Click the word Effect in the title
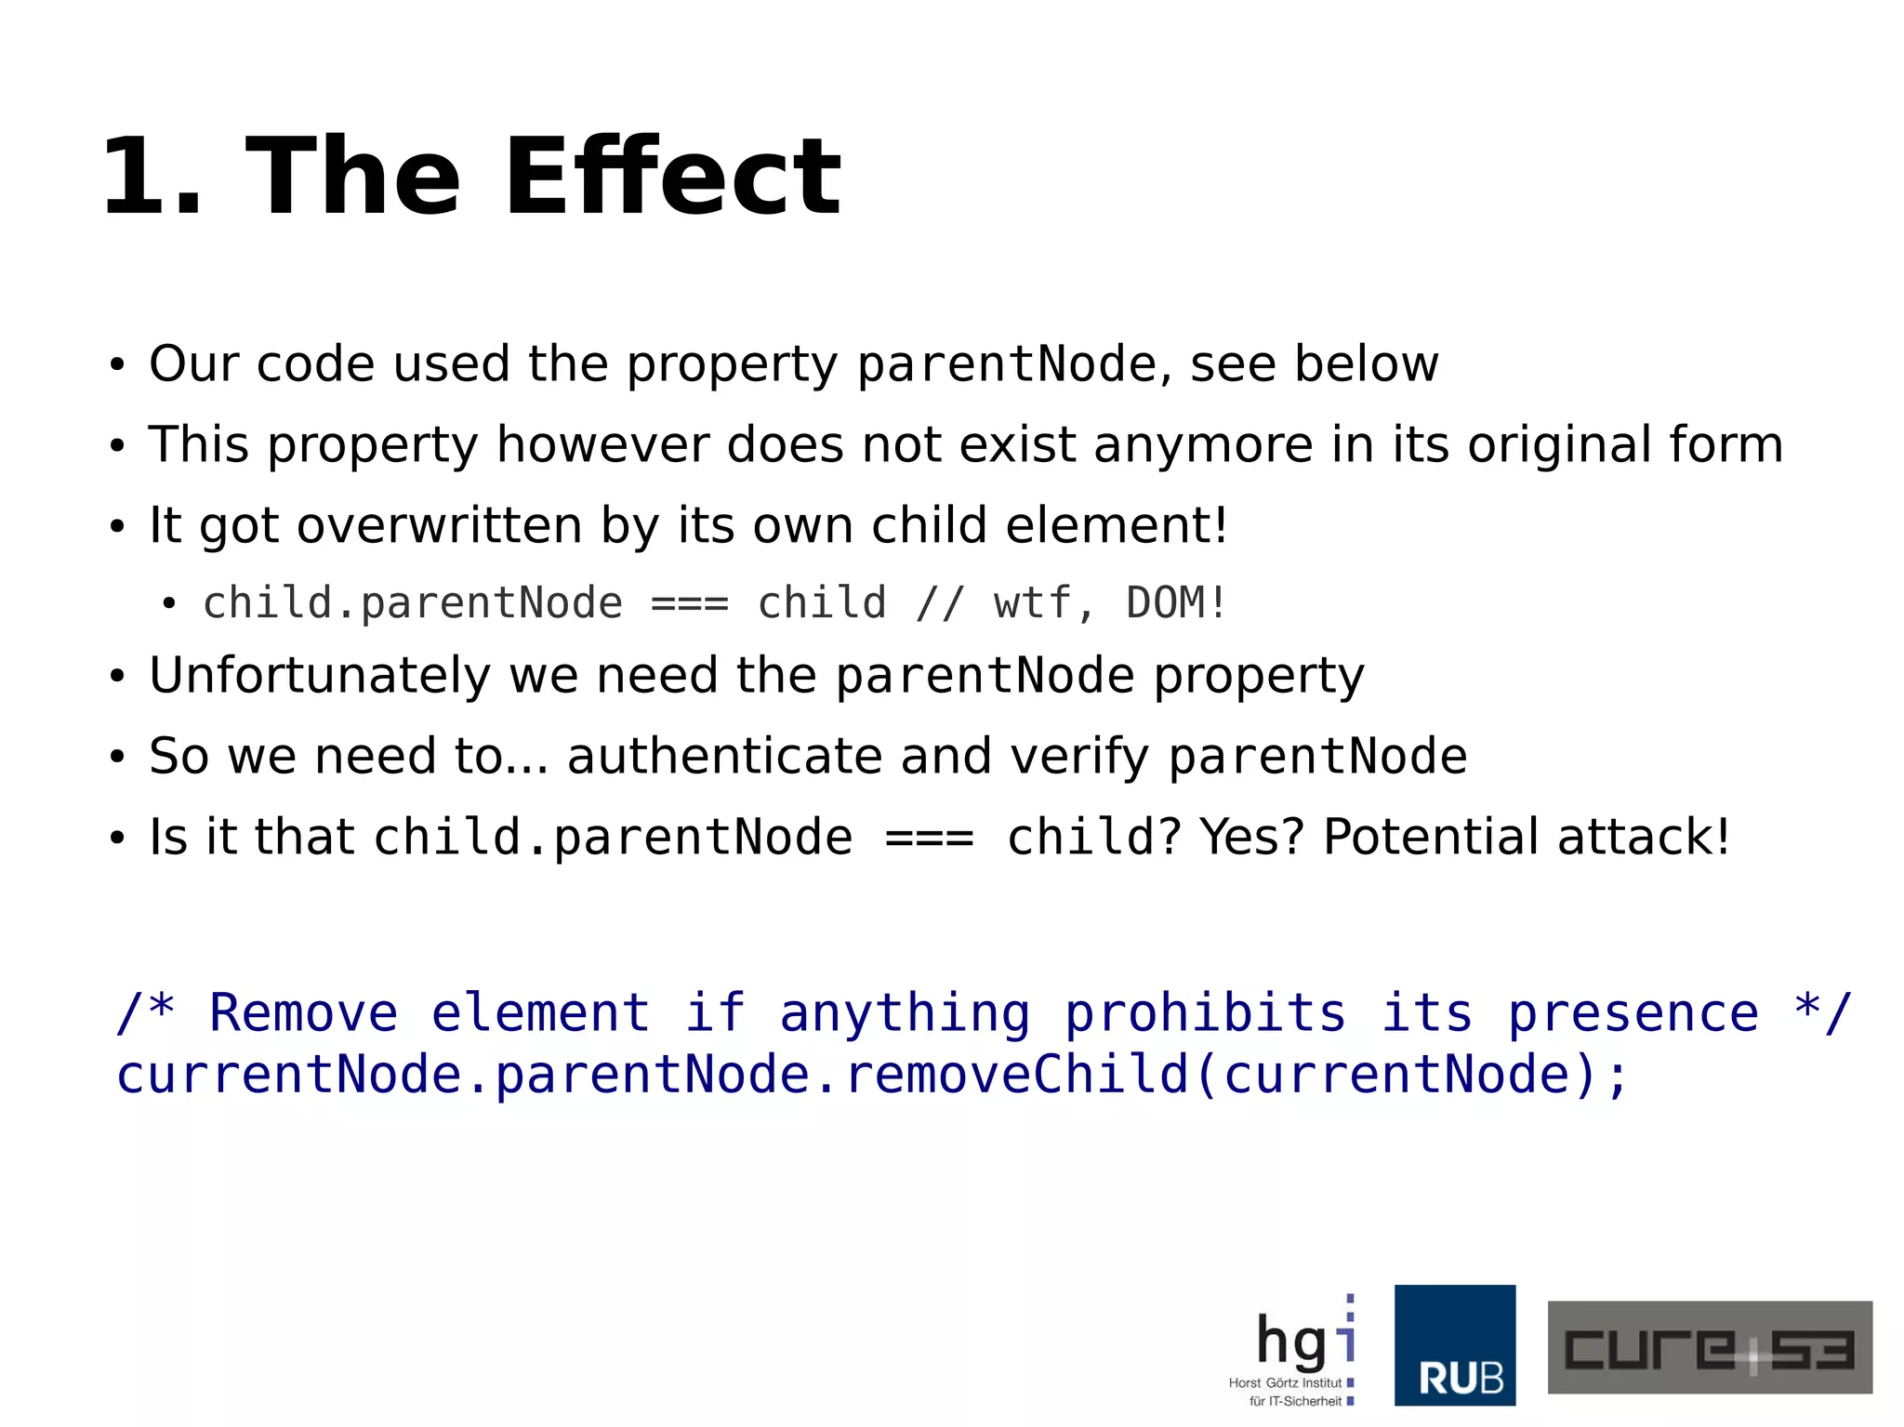pos(672,177)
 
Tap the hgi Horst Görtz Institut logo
pos(1295,1348)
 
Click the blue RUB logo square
pos(1455,1345)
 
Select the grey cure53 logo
pos(1709,1347)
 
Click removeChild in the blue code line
pos(1016,1075)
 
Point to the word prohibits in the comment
pos(1205,1012)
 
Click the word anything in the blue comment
pos(905,1012)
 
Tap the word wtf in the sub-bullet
pos(1032,602)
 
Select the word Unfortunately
pos(320,675)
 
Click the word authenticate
pos(723,755)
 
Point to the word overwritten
pos(439,525)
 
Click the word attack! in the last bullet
pos(1644,836)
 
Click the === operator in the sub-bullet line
pos(690,603)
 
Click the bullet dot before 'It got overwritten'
pos(116,527)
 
